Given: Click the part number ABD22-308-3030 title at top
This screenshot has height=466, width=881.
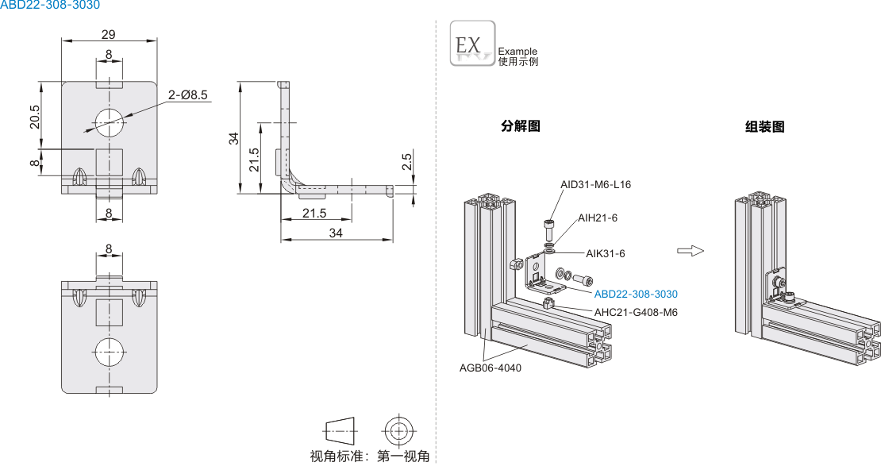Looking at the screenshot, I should point(50,6).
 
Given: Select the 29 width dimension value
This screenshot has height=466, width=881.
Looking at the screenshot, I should point(109,34).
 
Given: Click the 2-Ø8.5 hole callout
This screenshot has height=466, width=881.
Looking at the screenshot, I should point(187,94).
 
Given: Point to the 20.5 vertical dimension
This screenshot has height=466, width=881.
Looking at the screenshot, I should point(34,116).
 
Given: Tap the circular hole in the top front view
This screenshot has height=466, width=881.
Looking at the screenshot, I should point(110,121).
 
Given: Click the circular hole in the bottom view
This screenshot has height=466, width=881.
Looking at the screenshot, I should point(110,349).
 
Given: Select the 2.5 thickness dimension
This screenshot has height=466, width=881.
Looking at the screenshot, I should point(406,163).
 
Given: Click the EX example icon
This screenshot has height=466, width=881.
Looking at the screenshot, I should point(472,43).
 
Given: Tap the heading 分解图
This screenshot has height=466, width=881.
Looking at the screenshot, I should point(521,126).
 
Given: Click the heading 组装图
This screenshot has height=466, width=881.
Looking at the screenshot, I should point(764,126).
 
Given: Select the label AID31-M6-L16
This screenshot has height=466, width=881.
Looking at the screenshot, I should point(595,184).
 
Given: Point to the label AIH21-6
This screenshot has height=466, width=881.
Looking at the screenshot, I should point(597,218).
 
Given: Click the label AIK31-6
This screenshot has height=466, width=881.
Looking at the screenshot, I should point(606,253).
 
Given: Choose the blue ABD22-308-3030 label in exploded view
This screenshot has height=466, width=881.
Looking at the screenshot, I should point(636,294).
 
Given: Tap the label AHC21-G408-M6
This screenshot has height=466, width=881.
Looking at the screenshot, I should point(636,312).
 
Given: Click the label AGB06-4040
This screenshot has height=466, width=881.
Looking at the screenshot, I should point(491,368).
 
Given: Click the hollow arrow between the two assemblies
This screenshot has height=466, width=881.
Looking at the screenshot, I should point(691,251).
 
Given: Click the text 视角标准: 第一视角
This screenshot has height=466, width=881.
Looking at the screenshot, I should point(369,456).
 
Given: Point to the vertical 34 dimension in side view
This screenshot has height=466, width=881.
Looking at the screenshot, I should point(233,137).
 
